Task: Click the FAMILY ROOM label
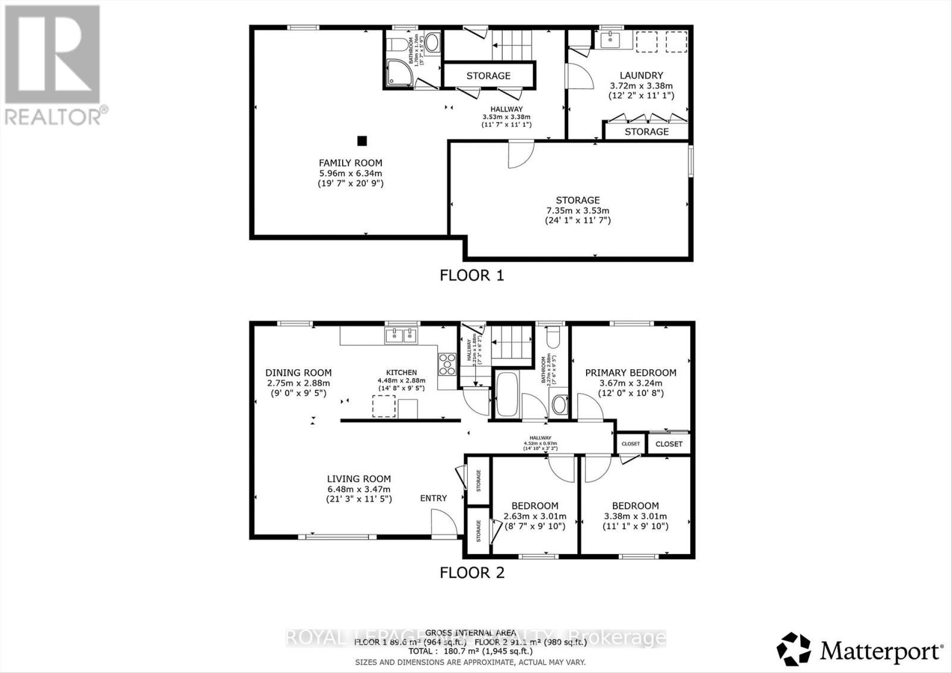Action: tap(350, 163)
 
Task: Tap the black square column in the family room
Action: tap(362, 141)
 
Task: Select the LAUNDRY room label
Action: tap(641, 76)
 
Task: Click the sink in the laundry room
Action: tap(610, 40)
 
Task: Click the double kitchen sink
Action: tap(402, 336)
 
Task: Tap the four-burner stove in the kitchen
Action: tap(447, 364)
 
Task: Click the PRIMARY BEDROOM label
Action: tap(631, 373)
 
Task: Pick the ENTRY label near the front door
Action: tap(433, 498)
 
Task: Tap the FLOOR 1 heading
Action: tap(471, 275)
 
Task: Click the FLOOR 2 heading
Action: tap(471, 573)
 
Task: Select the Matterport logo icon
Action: tap(794, 650)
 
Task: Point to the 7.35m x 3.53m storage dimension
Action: tap(578, 210)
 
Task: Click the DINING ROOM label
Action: tap(298, 373)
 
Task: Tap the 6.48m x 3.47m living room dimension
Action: tap(359, 489)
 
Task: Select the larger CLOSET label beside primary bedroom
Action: tap(669, 444)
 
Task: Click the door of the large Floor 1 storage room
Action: tap(520, 155)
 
